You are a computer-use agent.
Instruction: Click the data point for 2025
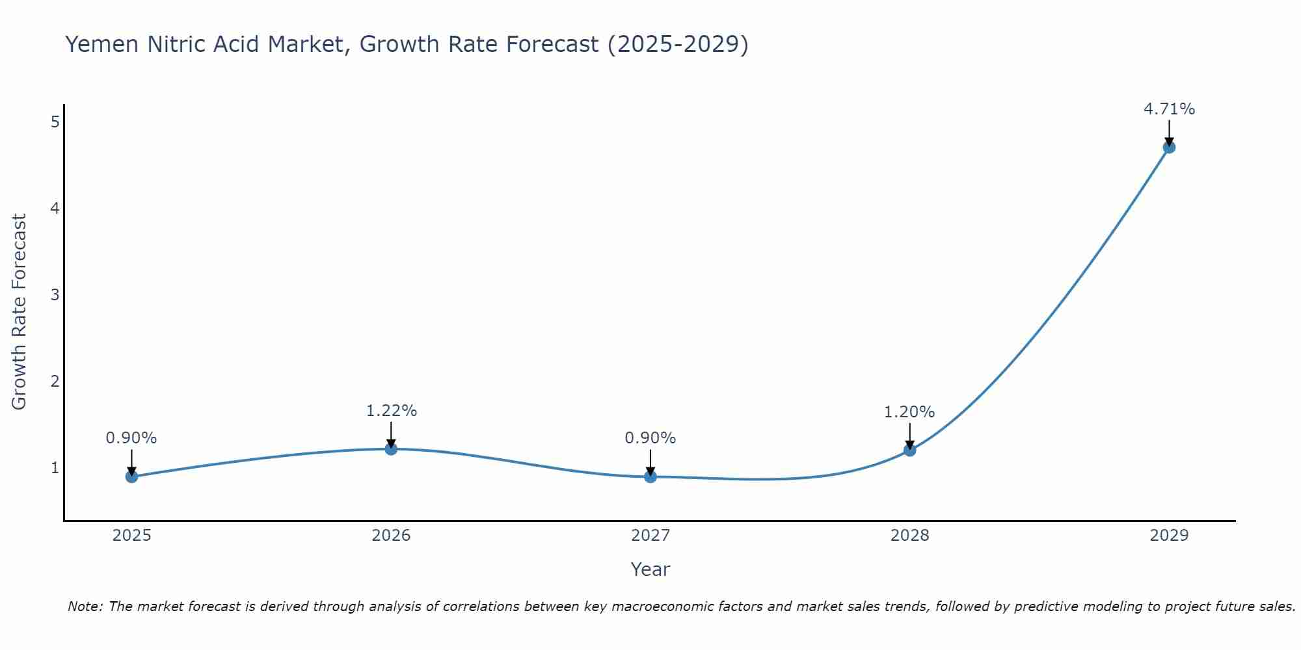point(131,476)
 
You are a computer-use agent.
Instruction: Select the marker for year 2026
point(391,448)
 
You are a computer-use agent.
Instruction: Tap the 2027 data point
point(650,476)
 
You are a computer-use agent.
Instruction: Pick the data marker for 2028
point(909,450)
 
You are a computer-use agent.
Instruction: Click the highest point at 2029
point(1169,147)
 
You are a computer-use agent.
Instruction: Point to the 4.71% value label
point(1169,109)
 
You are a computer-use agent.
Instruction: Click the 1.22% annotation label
point(391,411)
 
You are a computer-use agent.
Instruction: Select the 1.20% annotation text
point(909,412)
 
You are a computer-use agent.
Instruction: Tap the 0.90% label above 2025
point(131,438)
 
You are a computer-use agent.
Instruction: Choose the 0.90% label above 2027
point(650,438)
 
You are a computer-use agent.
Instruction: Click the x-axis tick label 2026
point(391,536)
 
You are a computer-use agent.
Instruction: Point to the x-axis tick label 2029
point(1169,536)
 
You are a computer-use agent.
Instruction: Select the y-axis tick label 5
point(55,122)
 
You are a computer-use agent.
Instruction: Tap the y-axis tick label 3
point(55,294)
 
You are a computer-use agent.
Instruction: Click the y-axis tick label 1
point(55,467)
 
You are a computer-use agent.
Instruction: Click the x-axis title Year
point(650,569)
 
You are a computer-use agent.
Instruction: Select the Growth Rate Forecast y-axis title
point(20,312)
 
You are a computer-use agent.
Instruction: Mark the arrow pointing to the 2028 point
point(909,435)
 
